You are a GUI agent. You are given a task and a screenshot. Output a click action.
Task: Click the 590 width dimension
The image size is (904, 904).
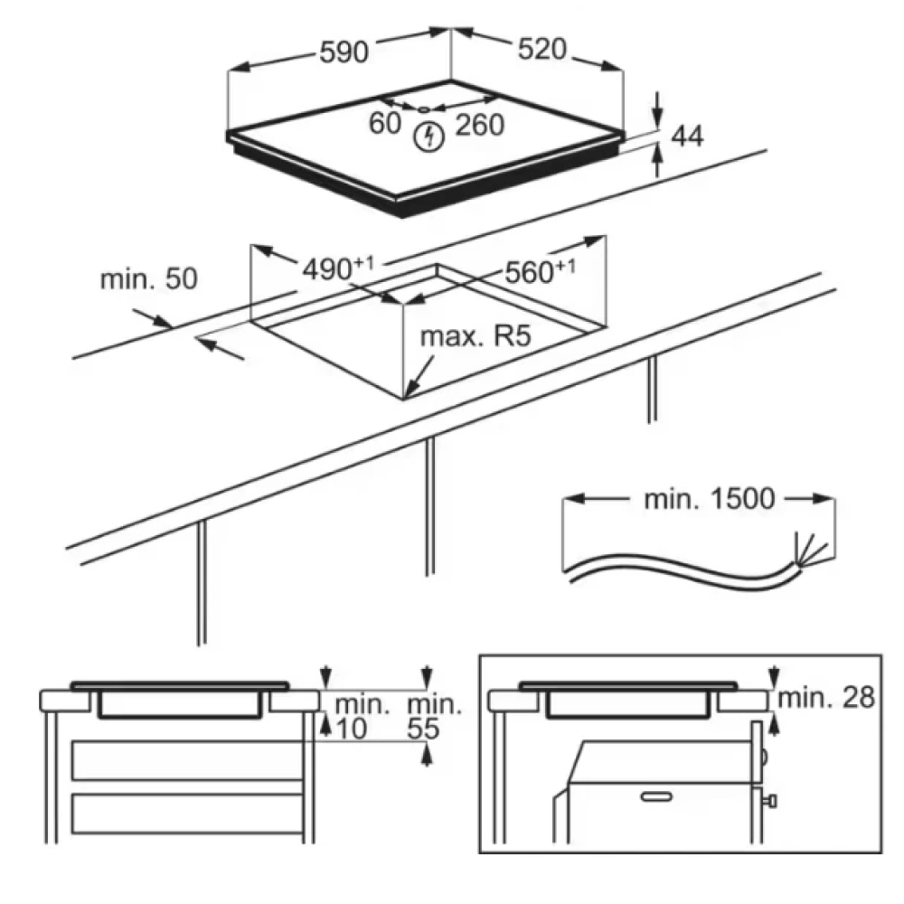point(344,52)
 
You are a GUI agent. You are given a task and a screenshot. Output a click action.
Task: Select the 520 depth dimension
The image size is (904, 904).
point(541,49)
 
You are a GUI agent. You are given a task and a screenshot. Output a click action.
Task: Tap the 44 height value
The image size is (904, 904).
point(687,137)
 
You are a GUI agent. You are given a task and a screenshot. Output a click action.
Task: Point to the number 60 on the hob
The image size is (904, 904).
point(384,123)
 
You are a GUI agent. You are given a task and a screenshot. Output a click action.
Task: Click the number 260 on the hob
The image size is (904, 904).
point(480,125)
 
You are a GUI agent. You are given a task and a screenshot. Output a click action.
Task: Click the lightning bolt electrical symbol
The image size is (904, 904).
point(429,137)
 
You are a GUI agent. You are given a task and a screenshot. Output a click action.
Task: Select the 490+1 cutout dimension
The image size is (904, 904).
point(338,268)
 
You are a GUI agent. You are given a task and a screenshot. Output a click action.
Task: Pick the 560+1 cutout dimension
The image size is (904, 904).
point(541,271)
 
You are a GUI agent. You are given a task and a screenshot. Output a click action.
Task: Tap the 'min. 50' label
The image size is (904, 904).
point(149,278)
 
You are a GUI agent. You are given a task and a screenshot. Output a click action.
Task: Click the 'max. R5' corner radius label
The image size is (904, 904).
point(476,336)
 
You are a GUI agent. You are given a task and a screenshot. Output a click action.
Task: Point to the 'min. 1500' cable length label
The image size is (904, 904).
point(709,499)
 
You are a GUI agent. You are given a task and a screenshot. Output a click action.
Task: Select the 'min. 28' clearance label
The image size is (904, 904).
point(826,698)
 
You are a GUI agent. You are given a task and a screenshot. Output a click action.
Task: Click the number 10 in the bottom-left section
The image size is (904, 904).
point(351,729)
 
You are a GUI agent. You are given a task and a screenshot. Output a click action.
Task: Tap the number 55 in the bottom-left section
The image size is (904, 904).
point(423,729)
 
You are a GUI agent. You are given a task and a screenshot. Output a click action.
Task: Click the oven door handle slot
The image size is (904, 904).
point(656,797)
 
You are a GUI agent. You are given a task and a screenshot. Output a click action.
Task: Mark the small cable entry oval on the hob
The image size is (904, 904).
point(423,109)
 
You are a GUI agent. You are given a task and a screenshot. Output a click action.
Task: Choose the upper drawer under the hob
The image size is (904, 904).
point(188,761)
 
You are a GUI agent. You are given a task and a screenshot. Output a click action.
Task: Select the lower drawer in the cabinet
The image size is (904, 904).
point(188,814)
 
